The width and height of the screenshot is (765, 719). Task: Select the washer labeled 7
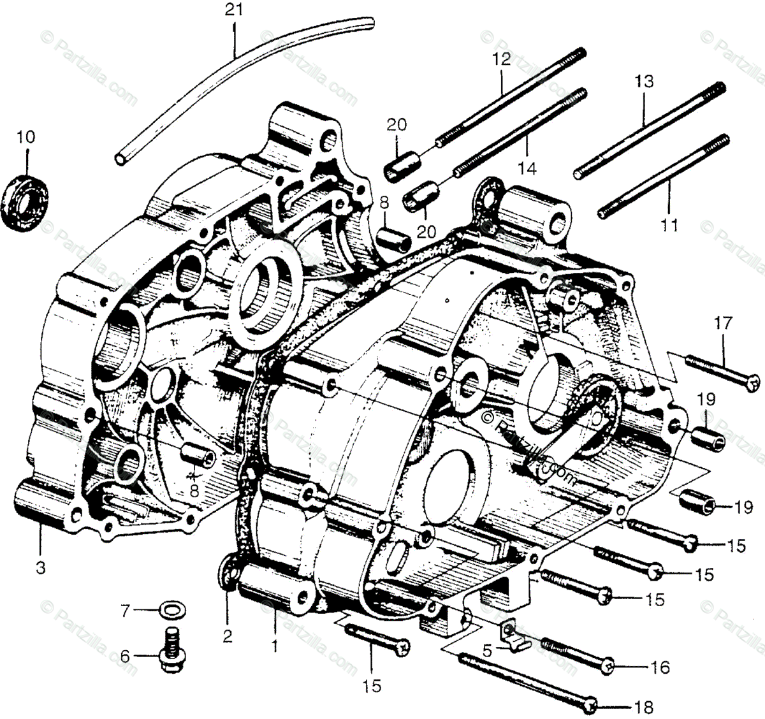click(168, 611)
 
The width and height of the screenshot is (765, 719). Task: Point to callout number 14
click(527, 168)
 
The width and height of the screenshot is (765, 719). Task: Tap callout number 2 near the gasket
click(228, 636)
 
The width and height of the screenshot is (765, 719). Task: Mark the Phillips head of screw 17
click(754, 383)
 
